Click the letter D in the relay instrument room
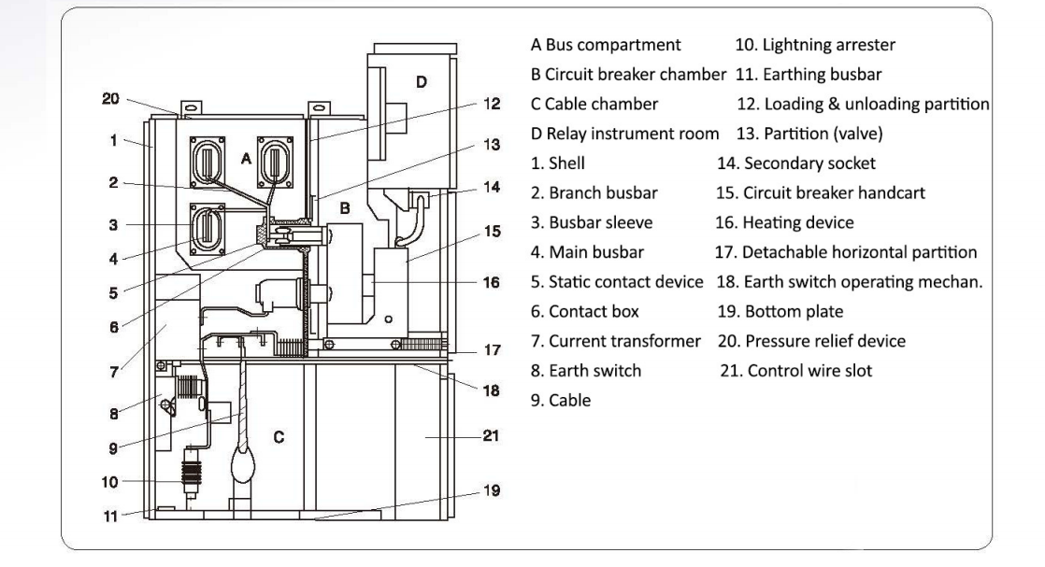422,82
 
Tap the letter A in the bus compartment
246,159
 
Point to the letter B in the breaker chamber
345,208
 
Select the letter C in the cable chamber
279,437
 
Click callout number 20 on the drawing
110,99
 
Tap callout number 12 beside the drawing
492,104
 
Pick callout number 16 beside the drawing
491,282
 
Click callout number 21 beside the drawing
491,435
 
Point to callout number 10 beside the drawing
110,482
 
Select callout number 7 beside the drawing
114,373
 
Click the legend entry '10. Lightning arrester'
815,45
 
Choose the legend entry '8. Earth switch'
586,371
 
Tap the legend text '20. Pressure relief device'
811,341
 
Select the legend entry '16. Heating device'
784,222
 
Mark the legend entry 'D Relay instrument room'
624,134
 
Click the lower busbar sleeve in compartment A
208,229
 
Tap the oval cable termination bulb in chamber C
243,463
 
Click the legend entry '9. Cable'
561,401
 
